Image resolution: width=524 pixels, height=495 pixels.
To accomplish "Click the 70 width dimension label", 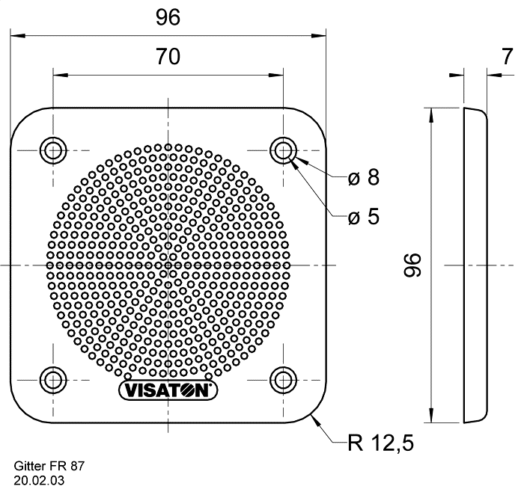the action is (168, 57).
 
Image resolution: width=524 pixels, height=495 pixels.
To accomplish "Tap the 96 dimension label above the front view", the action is (168, 17).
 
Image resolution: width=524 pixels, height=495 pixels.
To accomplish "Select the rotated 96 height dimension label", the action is (412, 265).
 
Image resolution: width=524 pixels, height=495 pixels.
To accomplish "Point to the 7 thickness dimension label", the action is (507, 56).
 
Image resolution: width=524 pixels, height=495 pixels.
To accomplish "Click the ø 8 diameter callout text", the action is (364, 177).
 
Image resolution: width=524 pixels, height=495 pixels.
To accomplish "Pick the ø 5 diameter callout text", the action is (364, 216).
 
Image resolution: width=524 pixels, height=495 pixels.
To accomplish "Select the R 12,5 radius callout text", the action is (380, 443).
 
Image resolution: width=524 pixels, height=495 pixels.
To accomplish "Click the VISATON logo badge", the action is (168, 390).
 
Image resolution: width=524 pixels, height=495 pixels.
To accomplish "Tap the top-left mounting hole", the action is (53, 150).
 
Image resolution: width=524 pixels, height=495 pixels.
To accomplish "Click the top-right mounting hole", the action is (284, 150).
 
